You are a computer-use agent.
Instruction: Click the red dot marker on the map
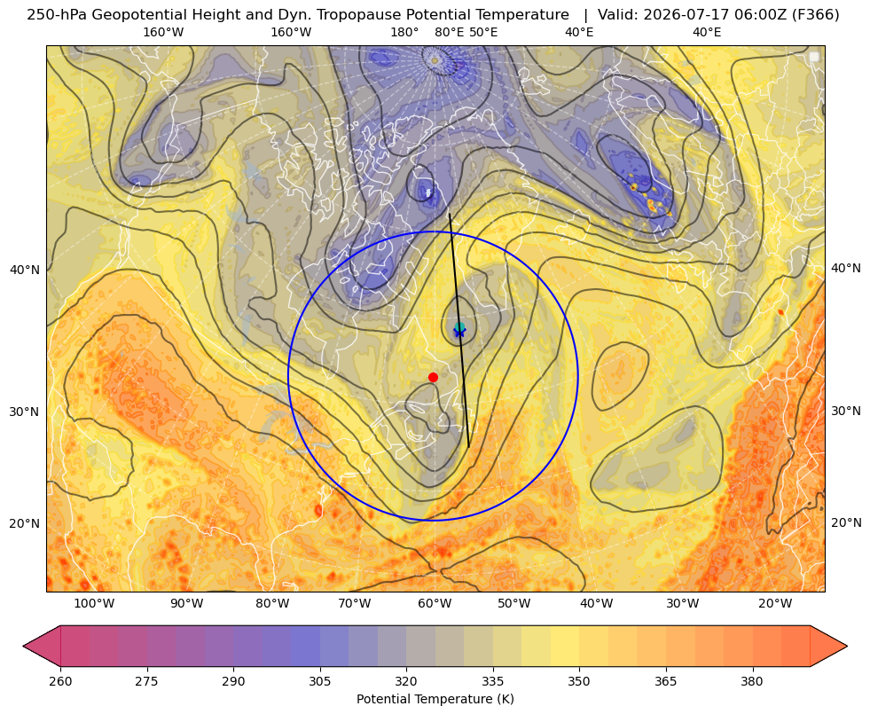[434, 377]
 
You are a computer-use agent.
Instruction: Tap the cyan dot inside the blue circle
[459, 327]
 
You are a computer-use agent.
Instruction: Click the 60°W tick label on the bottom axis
[434, 604]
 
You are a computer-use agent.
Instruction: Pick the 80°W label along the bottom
[272, 604]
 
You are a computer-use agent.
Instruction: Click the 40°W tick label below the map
[597, 604]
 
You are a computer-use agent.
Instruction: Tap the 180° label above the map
[404, 32]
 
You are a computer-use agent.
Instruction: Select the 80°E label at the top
[449, 32]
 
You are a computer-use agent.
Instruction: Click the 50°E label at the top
[483, 32]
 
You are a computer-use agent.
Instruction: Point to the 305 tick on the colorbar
[320, 681]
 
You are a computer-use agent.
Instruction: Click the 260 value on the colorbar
[60, 681]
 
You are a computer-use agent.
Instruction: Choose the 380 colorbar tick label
[752, 681]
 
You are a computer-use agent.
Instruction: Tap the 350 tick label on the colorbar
[579, 681]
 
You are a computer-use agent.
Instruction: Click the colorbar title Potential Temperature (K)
[435, 699]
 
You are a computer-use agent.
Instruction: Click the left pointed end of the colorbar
[23, 646]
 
